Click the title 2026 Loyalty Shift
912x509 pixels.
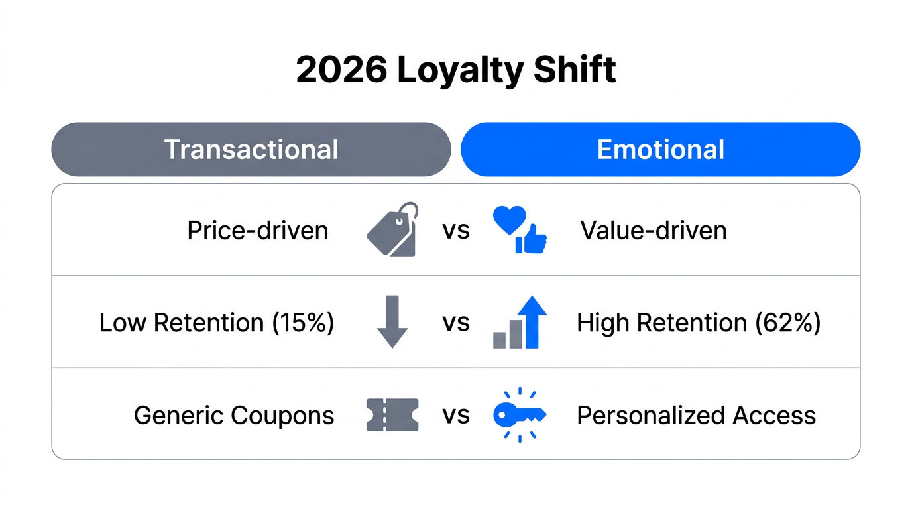(456, 70)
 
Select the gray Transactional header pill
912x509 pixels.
(251, 150)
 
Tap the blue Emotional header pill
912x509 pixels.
(660, 150)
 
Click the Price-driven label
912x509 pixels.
(257, 231)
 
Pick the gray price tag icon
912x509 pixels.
(392, 230)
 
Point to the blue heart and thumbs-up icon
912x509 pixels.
(520, 230)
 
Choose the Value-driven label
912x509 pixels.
(654, 231)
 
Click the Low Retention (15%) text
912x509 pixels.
(217, 323)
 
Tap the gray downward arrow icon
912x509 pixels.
(392, 322)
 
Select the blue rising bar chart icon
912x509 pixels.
(520, 322)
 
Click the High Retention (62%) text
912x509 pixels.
(699, 323)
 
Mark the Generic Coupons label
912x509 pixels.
(234, 416)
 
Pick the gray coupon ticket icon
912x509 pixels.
(392, 415)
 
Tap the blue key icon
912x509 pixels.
(520, 415)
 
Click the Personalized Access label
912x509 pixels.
(696, 416)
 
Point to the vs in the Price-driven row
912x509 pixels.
(456, 231)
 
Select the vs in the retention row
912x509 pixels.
(456, 323)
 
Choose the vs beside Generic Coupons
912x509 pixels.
(456, 416)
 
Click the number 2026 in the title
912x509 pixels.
(341, 70)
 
